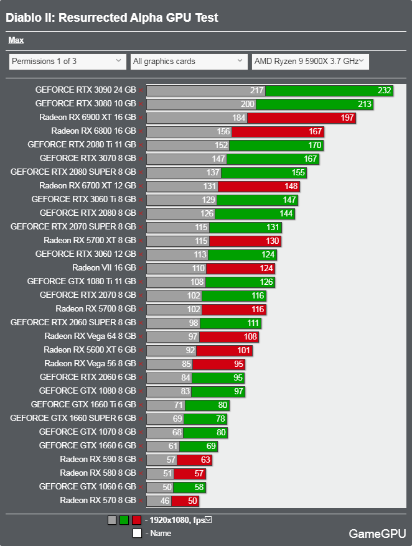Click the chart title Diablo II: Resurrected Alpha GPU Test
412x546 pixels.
(112, 17)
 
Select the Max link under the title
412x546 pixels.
(16, 40)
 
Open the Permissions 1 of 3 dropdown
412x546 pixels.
(68, 62)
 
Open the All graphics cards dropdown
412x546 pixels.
(189, 62)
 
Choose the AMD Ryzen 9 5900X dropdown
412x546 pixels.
(310, 62)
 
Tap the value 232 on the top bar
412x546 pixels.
(384, 90)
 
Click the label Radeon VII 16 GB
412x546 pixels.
(104, 268)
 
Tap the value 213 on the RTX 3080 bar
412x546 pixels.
(365, 104)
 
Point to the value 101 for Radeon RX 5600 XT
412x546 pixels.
(244, 350)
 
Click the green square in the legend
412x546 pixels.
(124, 521)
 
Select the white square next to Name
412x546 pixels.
(137, 533)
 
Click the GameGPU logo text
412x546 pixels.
(377, 534)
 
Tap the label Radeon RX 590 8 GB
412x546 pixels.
(98, 460)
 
